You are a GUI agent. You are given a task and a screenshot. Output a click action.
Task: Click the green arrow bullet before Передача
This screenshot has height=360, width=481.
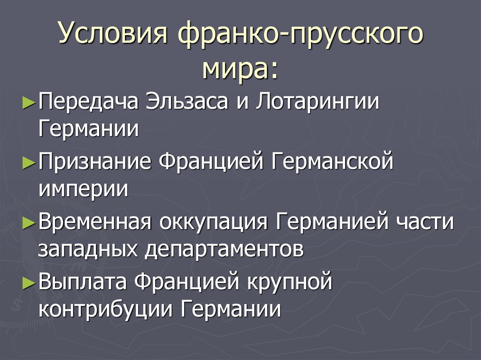(29, 102)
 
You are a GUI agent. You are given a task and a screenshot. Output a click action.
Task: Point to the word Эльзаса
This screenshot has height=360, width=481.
(187, 101)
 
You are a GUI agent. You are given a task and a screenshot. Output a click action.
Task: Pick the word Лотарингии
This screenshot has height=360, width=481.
(318, 101)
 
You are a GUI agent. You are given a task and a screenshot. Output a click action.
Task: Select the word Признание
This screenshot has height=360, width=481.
(95, 161)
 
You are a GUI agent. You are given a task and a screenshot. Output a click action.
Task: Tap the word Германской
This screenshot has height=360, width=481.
(332, 161)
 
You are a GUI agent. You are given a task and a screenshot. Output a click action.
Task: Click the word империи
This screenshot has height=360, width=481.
(83, 189)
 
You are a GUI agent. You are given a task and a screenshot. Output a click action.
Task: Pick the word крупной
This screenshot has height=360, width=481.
(289, 282)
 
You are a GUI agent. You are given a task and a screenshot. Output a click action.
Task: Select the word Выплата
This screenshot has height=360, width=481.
(83, 282)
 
